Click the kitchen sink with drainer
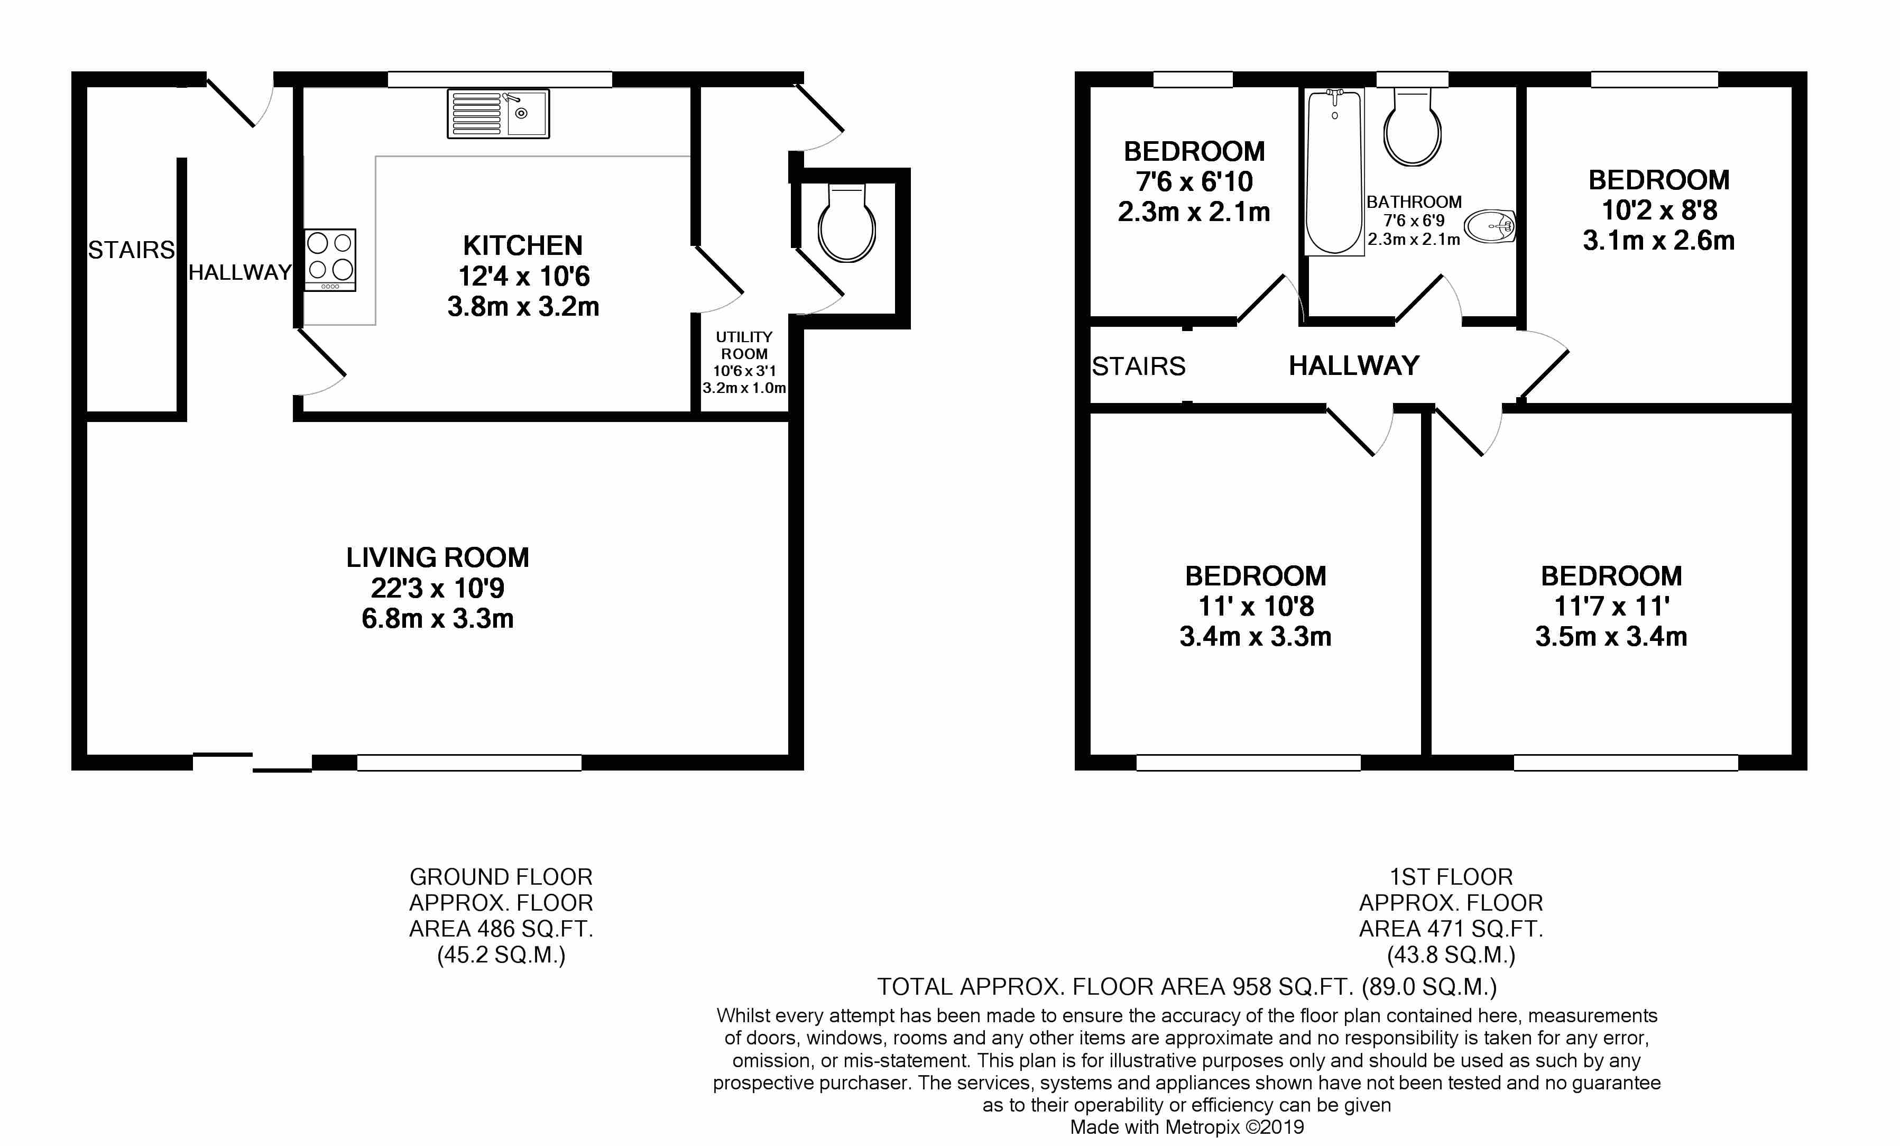pos(498,113)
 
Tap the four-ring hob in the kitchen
pos(330,259)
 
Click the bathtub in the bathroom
pos(1334,171)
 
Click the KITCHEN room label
pos(523,246)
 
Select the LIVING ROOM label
pos(437,557)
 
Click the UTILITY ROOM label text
pos(744,345)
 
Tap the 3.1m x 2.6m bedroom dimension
pos(1658,241)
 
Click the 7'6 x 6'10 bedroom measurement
pos(1194,182)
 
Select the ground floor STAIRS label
pos(131,250)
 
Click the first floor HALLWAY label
pos(1354,365)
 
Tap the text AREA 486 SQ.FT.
pos(501,929)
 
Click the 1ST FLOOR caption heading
pos(1451,877)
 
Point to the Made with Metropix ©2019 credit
pos(1187,1127)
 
